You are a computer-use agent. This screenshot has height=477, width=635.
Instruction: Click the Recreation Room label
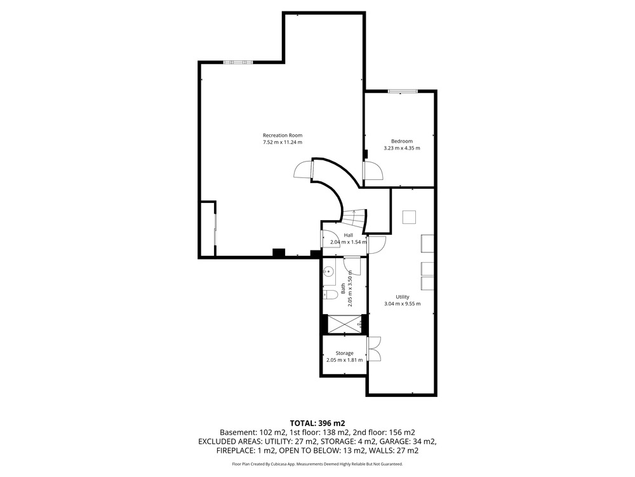283,135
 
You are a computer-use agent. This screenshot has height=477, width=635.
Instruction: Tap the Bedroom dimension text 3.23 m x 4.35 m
402,148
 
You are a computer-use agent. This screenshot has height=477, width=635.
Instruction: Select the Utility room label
403,297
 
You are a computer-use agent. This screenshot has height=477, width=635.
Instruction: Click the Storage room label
344,353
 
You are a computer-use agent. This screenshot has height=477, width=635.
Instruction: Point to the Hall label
348,235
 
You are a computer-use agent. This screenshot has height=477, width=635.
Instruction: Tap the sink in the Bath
329,271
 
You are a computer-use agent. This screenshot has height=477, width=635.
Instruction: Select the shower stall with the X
344,324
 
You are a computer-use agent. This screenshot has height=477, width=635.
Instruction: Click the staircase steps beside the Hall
354,219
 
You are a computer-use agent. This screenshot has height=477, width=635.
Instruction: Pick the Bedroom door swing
373,170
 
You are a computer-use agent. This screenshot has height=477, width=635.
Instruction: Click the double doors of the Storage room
374,349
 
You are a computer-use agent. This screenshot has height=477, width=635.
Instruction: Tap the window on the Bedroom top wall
403,91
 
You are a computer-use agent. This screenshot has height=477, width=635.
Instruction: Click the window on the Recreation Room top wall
238,62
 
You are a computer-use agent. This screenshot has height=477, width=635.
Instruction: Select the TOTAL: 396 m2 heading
317,424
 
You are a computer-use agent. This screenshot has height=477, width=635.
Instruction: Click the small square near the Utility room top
409,217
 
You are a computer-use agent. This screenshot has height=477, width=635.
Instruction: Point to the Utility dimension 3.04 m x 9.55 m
403,304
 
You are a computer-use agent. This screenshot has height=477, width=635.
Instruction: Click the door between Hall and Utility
376,244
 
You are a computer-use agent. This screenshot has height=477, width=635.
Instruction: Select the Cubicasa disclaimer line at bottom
317,464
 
